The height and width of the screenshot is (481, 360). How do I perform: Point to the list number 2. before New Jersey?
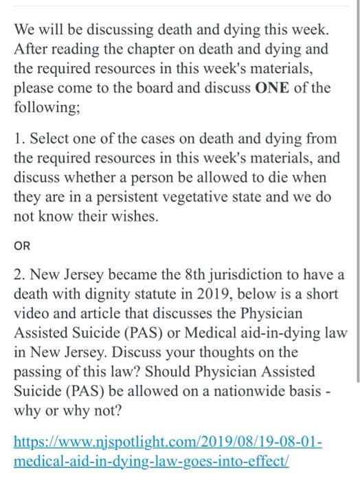point(20,276)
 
